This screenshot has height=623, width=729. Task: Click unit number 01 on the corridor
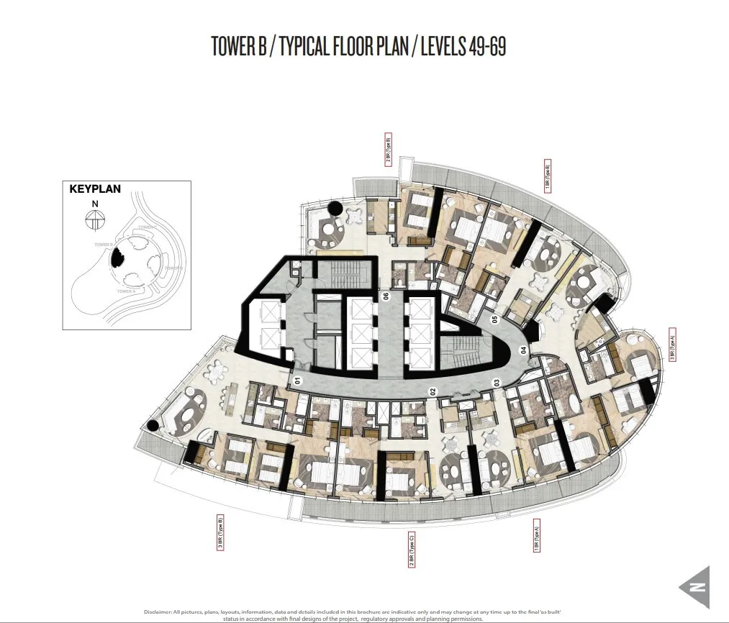[296, 378]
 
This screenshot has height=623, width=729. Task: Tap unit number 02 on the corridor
[433, 392]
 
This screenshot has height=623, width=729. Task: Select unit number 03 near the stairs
[495, 382]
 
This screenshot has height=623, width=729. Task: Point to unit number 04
[524, 350]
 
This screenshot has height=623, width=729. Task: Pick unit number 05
[494, 319]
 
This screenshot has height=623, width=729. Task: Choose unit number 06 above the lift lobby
[386, 296]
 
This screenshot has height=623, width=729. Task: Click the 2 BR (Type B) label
[388, 150]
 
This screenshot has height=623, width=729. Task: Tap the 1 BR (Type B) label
[548, 176]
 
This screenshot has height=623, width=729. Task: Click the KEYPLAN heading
[94, 191]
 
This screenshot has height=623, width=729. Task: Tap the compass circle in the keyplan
[94, 222]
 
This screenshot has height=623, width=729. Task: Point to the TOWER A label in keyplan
[127, 291]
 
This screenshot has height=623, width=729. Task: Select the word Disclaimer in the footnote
[158, 611]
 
